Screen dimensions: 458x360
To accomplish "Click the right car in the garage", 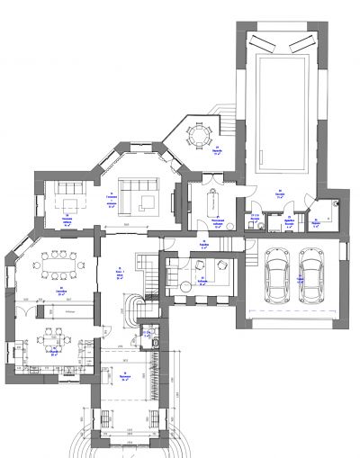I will [310, 274].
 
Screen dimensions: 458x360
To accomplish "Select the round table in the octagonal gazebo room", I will [196, 137].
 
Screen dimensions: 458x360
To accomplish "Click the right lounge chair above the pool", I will [304, 41].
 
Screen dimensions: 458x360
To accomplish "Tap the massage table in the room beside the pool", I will [213, 195].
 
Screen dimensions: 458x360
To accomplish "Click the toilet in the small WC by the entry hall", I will [157, 342].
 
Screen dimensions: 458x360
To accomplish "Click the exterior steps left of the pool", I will [228, 114].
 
